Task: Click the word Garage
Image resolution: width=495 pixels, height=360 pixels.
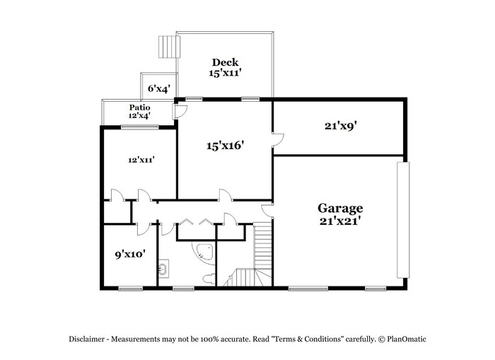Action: click(340, 209)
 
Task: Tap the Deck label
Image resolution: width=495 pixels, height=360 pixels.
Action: click(225, 62)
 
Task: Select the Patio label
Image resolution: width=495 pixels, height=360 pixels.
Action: click(139, 108)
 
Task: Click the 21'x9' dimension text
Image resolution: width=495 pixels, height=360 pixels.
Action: click(341, 126)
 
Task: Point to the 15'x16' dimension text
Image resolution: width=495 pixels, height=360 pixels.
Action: click(226, 146)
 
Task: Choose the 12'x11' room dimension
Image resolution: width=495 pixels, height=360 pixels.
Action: click(141, 160)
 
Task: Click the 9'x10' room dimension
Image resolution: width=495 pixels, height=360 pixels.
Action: click(130, 254)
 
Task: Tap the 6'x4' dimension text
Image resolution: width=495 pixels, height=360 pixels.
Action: click(159, 88)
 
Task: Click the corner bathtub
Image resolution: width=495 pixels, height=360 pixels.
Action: click(204, 252)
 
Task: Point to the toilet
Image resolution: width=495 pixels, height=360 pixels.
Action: click(209, 279)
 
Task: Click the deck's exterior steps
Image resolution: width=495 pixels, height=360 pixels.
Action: click(169, 47)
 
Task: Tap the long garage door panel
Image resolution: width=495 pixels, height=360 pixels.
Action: click(403, 220)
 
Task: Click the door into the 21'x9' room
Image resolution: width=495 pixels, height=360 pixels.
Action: click(278, 140)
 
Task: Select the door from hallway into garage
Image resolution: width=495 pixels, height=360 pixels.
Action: click(268, 211)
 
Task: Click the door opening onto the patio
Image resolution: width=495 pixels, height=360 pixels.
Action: click(180, 111)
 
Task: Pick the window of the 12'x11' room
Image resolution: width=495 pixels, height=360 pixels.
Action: click(140, 127)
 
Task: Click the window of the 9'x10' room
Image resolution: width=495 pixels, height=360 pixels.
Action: click(130, 289)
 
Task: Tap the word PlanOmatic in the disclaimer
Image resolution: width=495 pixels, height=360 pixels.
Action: click(407, 339)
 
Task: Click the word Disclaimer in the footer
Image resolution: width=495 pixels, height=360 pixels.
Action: click(86, 339)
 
